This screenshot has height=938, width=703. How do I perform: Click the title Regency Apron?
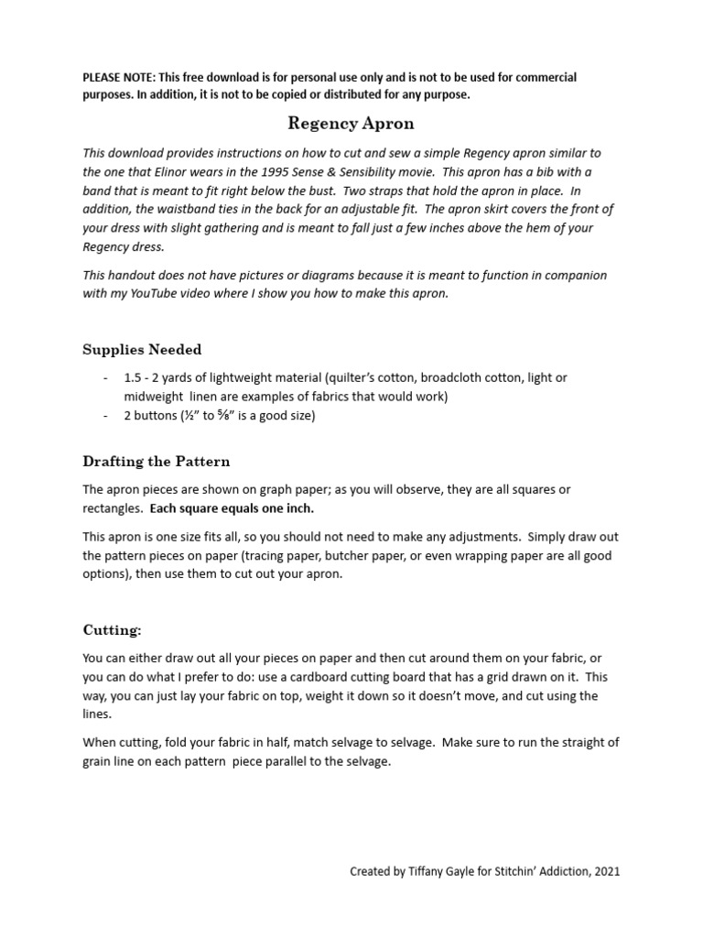[351, 123]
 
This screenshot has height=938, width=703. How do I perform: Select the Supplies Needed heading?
[142, 350]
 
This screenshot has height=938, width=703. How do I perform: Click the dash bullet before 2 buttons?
[106, 415]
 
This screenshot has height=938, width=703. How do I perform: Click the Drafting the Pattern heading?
[157, 461]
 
